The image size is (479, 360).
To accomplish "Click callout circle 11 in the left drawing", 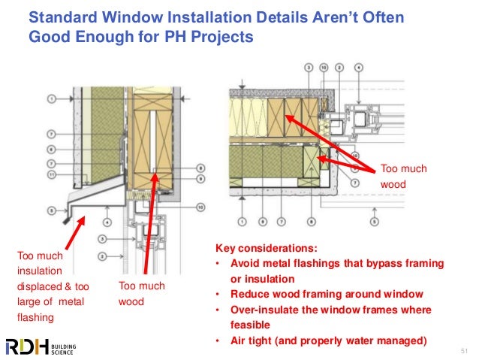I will tap(52, 174).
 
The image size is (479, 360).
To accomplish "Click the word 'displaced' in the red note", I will tap(41, 286).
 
